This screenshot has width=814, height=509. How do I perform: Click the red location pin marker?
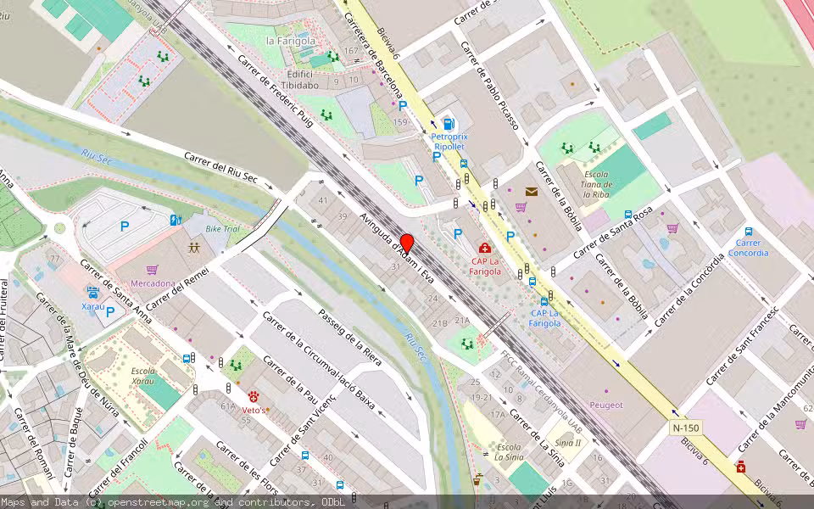click(407, 243)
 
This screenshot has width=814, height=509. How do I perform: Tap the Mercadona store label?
click(153, 283)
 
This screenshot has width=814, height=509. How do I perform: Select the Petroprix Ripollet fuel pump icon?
click(448, 124)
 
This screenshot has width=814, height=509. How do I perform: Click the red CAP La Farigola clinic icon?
click(485, 248)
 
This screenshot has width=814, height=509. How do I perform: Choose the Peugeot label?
click(605, 406)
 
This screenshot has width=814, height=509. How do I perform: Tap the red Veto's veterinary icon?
click(254, 397)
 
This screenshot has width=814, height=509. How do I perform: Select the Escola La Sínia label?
click(509, 452)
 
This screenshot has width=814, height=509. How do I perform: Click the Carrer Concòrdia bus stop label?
click(748, 248)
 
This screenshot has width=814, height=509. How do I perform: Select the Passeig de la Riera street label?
click(349, 337)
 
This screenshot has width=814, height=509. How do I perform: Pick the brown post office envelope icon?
click(531, 192)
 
